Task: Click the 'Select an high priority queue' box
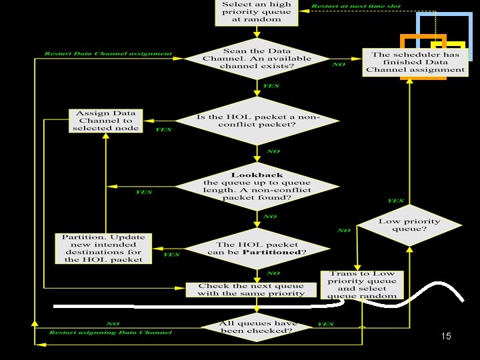[x=257, y=11]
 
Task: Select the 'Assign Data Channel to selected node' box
[x=105, y=120]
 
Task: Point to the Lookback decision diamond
[x=257, y=187]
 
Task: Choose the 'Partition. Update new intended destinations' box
[x=103, y=247]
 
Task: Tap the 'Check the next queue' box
[x=251, y=289]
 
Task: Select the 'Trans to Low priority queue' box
[x=362, y=285]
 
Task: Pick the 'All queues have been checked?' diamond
[x=257, y=327]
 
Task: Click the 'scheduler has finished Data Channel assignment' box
[x=415, y=62]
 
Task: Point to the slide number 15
[x=446, y=337]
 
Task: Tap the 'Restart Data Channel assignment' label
[x=108, y=54]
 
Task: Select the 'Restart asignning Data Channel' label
[x=110, y=332]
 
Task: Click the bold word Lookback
[x=257, y=175]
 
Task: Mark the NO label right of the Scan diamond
[x=339, y=65]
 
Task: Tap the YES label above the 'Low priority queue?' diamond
[x=395, y=201]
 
